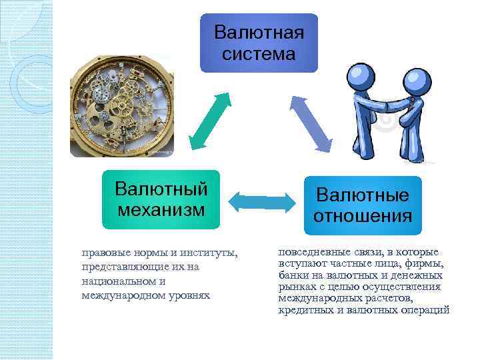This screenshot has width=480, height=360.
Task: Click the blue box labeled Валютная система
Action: tap(259, 43)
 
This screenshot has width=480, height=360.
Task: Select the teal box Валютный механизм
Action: tap(161, 199)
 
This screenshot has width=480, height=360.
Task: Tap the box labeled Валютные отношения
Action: tap(363, 205)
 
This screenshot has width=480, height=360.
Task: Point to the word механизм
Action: tap(160, 210)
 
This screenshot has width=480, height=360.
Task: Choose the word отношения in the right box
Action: tap(363, 216)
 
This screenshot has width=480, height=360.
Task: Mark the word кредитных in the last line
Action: tap(303, 310)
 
